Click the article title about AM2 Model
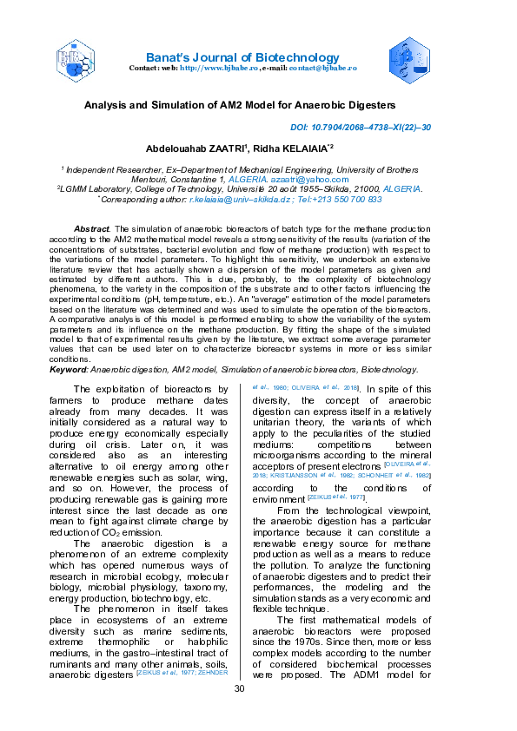click(258, 103)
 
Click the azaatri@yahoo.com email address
click(326, 178)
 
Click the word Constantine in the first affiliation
click(176, 178)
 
